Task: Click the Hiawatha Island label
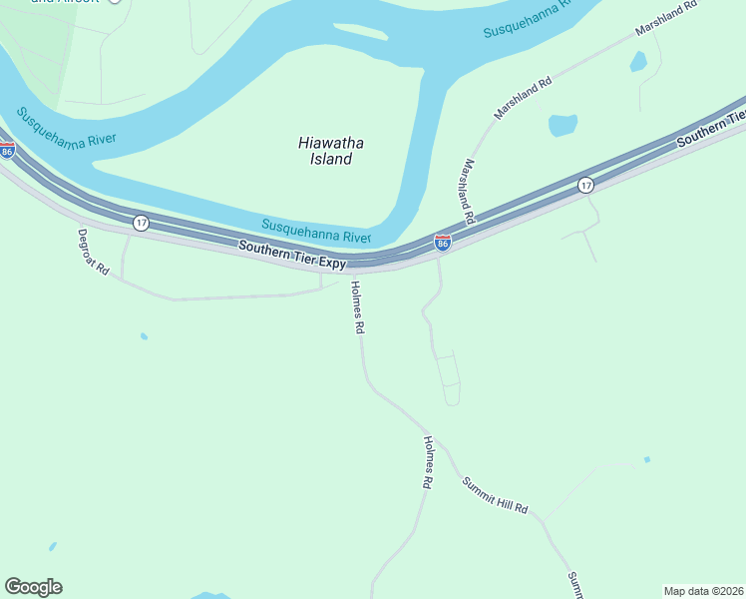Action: point(325,150)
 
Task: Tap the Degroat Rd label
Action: point(92,252)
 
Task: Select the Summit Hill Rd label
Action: point(494,494)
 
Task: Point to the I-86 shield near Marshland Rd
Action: point(442,242)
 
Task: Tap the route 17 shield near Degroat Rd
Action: point(141,222)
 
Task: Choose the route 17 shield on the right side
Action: point(585,185)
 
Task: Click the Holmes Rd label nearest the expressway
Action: point(357,307)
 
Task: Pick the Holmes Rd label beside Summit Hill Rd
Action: point(428,461)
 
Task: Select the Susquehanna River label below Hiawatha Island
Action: point(316,231)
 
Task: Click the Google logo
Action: point(33,587)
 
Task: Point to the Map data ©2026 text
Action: point(703,591)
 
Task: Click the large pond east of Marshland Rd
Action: point(562,125)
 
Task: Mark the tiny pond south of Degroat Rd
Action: point(144,336)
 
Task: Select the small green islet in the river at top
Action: point(361,32)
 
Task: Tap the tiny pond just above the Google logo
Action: point(52,547)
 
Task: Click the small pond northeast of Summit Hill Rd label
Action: point(647,459)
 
